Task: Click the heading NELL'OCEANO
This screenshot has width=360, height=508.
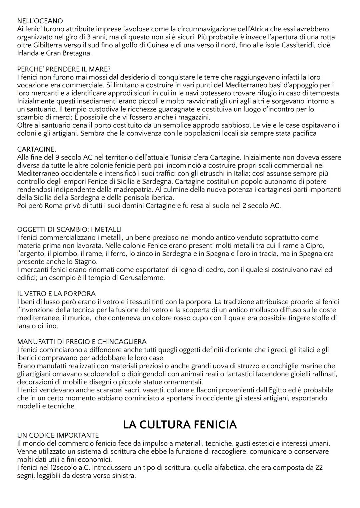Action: pyautogui.click(x=40, y=21)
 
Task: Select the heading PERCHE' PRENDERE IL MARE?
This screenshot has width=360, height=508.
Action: pyautogui.click(x=64, y=69)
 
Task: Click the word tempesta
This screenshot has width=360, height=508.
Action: pyautogui.click(x=325, y=93)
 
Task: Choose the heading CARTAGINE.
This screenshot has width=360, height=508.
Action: pyautogui.click(x=37, y=149)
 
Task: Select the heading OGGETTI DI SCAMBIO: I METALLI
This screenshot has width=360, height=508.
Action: pyautogui.click(x=69, y=230)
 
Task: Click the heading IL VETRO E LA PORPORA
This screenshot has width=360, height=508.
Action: pyautogui.click(x=56, y=293)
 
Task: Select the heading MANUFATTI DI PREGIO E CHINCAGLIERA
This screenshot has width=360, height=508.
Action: pyautogui.click(x=82, y=342)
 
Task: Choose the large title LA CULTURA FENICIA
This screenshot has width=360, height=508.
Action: pyautogui.click(x=180, y=425)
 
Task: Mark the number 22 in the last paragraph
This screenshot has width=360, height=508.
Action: pyautogui.click(x=319, y=468)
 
